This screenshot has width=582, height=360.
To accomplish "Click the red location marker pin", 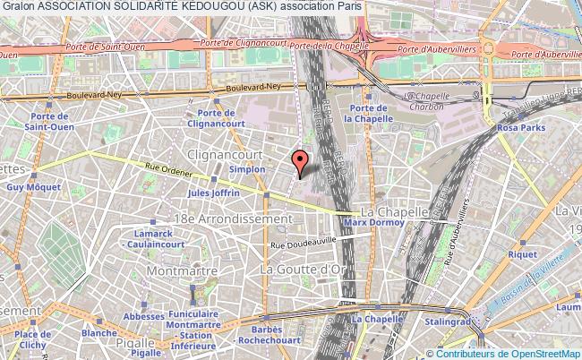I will pyautogui.click(x=300, y=162).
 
